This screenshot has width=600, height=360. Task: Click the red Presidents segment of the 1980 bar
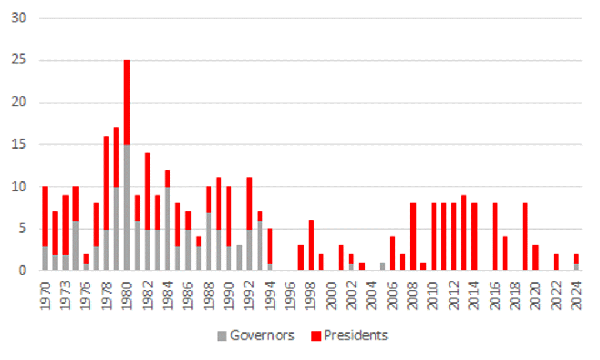coord(126,102)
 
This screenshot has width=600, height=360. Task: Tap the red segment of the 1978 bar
coord(106,183)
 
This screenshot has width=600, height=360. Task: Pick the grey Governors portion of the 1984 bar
coord(167,228)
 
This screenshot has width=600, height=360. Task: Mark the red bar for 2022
coord(556,262)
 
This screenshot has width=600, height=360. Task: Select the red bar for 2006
coord(392,254)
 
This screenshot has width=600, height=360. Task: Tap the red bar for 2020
coord(535,258)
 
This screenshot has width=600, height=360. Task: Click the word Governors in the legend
coord(262,336)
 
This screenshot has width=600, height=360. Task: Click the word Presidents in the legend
coord(356,336)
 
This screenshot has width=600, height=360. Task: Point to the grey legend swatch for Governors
coord(222,337)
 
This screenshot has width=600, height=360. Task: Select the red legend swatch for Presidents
coord(316,337)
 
